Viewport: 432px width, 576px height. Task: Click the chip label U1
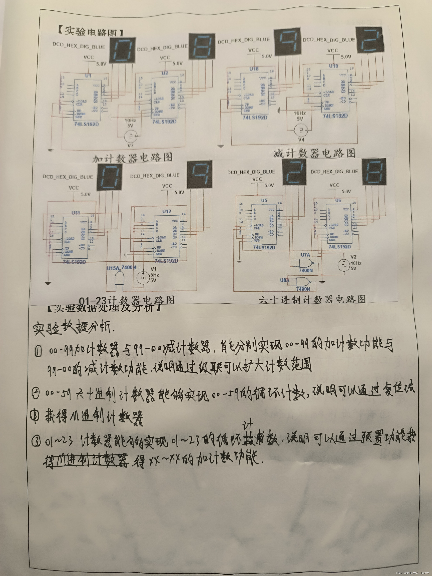pyautogui.click(x=88, y=76)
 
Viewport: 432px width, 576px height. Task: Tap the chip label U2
pyautogui.click(x=165, y=73)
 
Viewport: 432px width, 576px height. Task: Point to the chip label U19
pyautogui.click(x=334, y=66)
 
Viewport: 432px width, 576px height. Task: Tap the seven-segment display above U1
pyautogui.click(x=122, y=50)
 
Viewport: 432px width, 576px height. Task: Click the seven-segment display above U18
pyautogui.click(x=287, y=42)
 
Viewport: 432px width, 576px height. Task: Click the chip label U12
pyautogui.click(x=167, y=211)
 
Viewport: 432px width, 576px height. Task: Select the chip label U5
pyautogui.click(x=264, y=200)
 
